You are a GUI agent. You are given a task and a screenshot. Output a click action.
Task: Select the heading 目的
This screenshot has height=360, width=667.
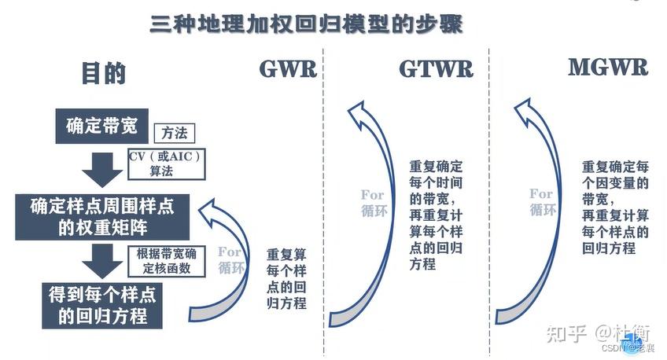point(103,73)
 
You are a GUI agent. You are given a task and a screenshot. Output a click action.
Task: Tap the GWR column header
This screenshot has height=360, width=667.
point(288,69)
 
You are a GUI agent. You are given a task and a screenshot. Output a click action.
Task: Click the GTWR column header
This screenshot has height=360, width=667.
point(436,69)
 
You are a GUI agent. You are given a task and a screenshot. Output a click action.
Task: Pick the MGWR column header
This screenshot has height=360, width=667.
point(608,68)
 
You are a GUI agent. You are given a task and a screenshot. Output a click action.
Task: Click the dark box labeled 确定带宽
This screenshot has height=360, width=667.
point(102,126)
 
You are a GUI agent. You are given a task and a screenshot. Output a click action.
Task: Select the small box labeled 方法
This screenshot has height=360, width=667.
point(174,134)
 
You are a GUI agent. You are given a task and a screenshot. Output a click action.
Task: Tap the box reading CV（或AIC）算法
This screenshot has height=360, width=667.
point(166,163)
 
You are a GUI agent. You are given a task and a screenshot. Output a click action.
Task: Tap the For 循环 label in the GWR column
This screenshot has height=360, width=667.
point(230,259)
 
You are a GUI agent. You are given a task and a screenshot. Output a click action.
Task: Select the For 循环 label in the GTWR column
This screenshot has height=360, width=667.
point(373,202)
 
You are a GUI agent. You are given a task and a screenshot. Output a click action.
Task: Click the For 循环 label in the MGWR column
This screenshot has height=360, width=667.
point(541,201)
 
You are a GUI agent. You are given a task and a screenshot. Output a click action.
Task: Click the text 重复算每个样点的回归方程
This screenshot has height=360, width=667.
point(286,279)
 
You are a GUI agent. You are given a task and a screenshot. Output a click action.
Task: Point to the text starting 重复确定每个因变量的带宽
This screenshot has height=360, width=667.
point(616,208)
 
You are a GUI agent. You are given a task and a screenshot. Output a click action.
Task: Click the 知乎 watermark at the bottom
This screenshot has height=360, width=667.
point(566,333)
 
